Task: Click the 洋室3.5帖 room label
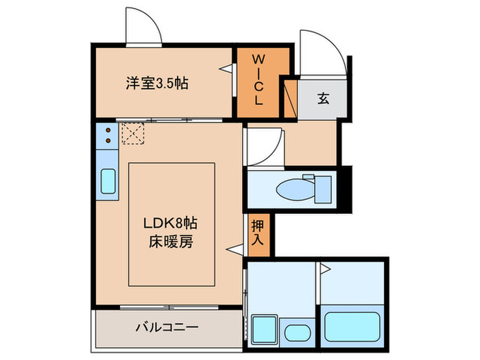[157, 84]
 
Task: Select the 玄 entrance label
[323, 98]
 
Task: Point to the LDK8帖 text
[171, 224]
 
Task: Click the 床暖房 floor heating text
[171, 241]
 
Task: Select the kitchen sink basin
[108, 181]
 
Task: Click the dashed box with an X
[133, 133]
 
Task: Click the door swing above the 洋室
[143, 28]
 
